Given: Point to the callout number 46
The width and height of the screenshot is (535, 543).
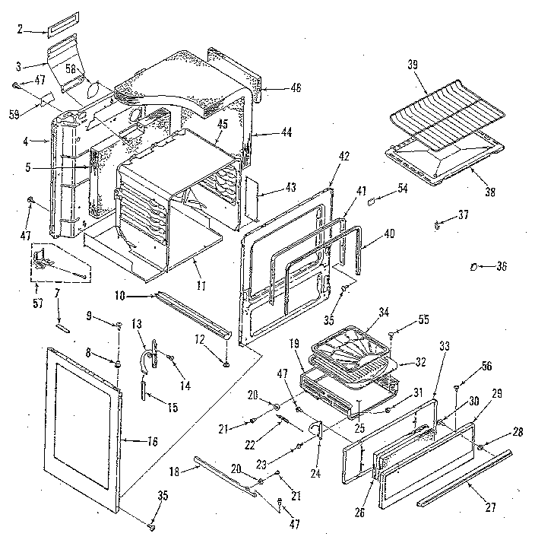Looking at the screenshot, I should coord(295,88).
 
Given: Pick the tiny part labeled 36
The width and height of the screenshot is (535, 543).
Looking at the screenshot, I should coord(473,266).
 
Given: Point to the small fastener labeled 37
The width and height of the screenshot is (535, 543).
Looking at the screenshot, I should coord(438,224).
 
